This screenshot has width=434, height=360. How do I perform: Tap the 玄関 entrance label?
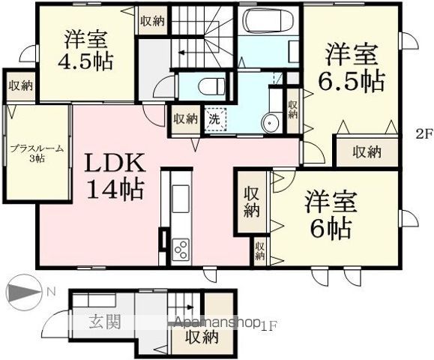tap(105, 323)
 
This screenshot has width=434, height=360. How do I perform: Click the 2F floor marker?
tap(424, 135)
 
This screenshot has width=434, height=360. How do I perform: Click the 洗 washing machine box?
tap(214, 118)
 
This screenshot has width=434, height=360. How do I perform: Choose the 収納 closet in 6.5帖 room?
tap(367, 151)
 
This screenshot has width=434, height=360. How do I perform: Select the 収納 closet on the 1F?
tap(202, 337)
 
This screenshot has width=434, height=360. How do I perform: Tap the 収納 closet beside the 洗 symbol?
tap(184, 118)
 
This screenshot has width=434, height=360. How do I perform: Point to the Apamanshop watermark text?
tap(217, 323)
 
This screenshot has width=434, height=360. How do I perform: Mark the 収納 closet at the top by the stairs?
tap(152, 21)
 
